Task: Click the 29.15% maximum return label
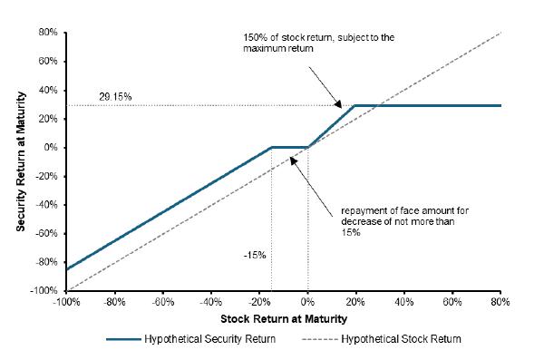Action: pyautogui.click(x=115, y=96)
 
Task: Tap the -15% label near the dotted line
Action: pyautogui.click(x=255, y=256)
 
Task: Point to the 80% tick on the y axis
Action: pyautogui.click(x=48, y=33)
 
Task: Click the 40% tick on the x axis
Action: pyautogui.click(x=403, y=302)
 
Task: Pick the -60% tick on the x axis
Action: pyautogui.click(x=162, y=302)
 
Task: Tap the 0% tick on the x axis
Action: pyautogui.click(x=307, y=302)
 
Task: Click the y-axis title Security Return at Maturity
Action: pyautogui.click(x=21, y=161)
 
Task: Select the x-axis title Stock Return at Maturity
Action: pyautogui.click(x=284, y=319)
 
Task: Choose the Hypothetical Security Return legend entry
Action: pyautogui.click(x=191, y=339)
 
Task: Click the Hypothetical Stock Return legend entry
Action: pyautogui.click(x=382, y=339)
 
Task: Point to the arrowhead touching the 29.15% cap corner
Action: pyautogui.click(x=338, y=104)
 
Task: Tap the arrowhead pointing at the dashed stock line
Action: pyautogui.click(x=294, y=161)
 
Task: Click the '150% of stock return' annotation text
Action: pyautogui.click(x=319, y=43)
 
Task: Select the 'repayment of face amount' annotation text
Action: pyautogui.click(x=405, y=221)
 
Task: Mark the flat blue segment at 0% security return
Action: pyautogui.click(x=290, y=148)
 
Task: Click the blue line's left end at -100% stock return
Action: pyautogui.click(x=66, y=269)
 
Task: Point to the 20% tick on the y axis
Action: pyautogui.click(x=48, y=119)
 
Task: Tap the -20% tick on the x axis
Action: pyautogui.click(x=259, y=302)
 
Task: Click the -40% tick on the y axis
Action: pyautogui.click(x=46, y=204)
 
